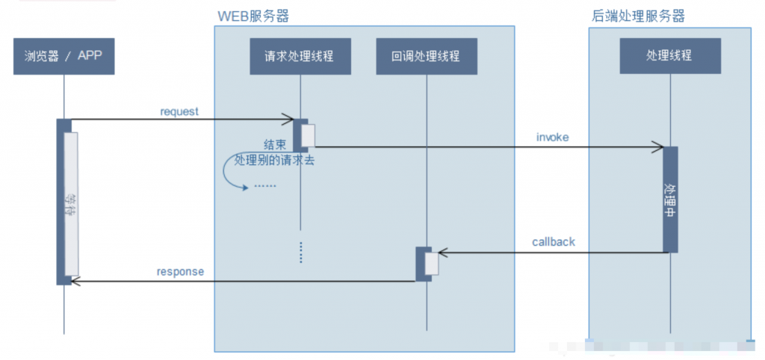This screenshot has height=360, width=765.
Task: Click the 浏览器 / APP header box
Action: coord(64,56)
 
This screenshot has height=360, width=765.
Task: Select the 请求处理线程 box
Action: coord(299,56)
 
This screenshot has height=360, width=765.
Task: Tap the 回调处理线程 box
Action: coord(426,56)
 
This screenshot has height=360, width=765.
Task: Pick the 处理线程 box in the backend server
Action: coord(669,55)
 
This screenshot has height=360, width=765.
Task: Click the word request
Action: coord(179,111)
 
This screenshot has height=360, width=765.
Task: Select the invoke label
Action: coord(552,137)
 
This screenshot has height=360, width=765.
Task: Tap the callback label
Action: coord(554,242)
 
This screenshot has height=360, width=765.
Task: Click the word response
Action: coord(180,272)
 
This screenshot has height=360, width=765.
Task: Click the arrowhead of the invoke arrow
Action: coord(660,147)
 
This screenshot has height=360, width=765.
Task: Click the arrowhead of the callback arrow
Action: coord(441,252)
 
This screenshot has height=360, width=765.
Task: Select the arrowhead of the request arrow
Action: coord(290,120)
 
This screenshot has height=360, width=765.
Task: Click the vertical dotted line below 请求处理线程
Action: coord(300,252)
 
